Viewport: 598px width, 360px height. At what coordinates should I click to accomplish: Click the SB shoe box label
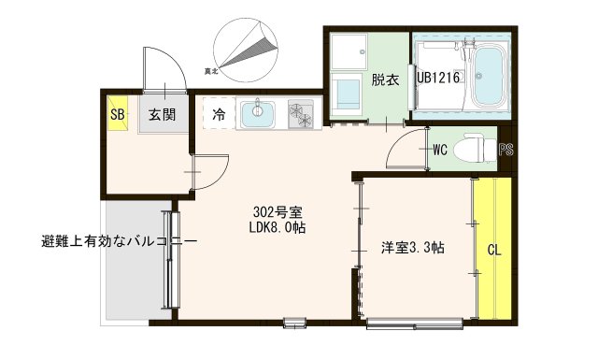[117, 115]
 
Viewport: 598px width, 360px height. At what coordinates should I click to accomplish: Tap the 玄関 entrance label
[161, 115]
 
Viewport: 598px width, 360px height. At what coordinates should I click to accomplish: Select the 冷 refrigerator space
[218, 115]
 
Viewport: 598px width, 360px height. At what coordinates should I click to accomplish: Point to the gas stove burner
[302, 113]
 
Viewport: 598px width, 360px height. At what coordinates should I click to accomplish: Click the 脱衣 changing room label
[385, 79]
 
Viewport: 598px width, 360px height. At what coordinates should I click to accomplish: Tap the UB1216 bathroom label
[438, 79]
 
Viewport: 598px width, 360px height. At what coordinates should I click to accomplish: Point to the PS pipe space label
[505, 150]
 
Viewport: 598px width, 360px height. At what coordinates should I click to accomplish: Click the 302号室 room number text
[278, 211]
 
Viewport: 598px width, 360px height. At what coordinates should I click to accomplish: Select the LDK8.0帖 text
[278, 228]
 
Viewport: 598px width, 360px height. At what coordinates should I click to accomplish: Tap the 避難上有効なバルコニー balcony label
[119, 241]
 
